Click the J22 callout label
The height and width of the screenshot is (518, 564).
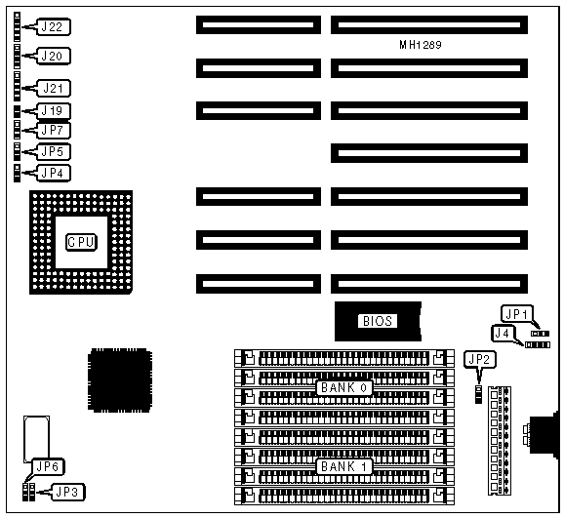[x=53, y=27]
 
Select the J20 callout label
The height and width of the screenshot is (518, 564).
[x=53, y=57]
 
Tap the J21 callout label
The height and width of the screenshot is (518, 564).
[x=54, y=89]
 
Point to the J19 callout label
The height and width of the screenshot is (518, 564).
[x=53, y=111]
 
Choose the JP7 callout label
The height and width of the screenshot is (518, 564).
[x=53, y=130]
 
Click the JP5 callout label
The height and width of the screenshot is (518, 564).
[x=53, y=152]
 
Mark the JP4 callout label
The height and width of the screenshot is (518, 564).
[x=53, y=174]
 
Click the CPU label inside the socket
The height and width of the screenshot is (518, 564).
[x=81, y=242]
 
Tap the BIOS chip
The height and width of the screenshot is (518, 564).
[x=378, y=321]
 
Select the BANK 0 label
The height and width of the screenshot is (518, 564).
[x=344, y=388]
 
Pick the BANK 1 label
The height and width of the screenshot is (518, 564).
[x=344, y=467]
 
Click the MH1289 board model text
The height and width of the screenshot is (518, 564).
[x=421, y=45]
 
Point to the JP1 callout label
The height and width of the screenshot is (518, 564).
[x=516, y=314]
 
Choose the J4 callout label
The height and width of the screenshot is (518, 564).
[x=503, y=334]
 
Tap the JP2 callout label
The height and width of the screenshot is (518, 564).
[x=480, y=359]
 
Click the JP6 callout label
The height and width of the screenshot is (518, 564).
[x=48, y=467]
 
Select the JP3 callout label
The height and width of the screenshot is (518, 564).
[x=68, y=492]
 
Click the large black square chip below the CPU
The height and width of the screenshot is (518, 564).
[x=120, y=380]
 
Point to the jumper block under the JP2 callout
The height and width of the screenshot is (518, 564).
[x=478, y=394]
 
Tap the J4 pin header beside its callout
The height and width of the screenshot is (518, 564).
[x=538, y=345]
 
